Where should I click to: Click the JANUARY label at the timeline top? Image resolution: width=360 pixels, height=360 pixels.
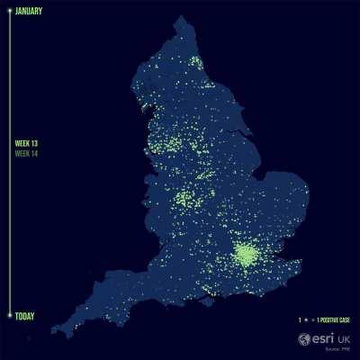click(x=31, y=12)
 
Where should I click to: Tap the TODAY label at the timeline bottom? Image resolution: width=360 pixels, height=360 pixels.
click(x=26, y=316)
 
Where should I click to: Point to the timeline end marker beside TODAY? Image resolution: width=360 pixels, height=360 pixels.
click(x=9, y=315)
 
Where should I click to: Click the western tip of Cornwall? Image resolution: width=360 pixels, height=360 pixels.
click(x=54, y=331)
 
